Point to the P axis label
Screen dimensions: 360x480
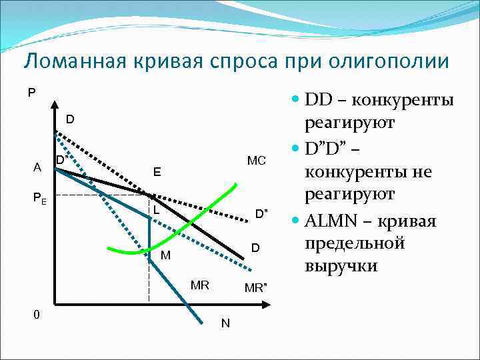[32, 93]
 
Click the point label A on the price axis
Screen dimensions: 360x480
[37, 167]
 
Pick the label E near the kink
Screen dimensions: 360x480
[157, 172]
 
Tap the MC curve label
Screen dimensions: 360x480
[256, 161]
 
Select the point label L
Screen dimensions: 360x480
[155, 209]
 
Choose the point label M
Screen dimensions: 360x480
[165, 255]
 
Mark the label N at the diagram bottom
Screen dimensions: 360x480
[225, 323]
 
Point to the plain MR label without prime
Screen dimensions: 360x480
[200, 285]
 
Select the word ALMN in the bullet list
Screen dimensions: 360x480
[330, 221]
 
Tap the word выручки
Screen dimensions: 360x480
[341, 266]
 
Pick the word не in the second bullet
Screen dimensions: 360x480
[422, 171]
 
